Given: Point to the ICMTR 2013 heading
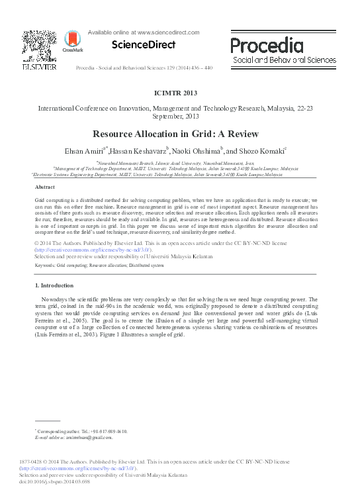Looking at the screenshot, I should point(179,93).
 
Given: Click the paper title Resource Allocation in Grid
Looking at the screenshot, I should point(179,132).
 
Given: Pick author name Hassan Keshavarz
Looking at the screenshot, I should point(140,151).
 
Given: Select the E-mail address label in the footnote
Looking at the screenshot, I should point(50,438).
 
